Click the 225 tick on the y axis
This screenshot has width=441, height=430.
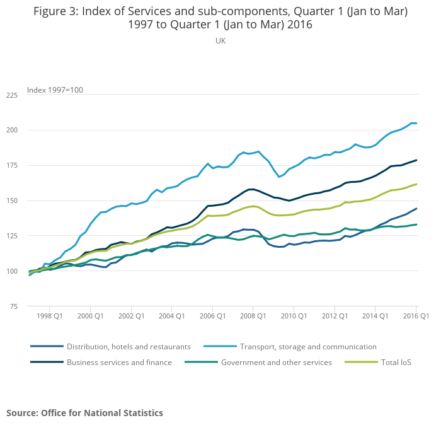12,95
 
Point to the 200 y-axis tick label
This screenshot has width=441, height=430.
12,131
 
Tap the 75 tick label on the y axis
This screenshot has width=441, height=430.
14,306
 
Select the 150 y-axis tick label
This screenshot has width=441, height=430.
12,200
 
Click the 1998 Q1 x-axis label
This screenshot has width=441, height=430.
49,315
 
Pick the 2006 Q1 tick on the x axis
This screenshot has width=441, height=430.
212,315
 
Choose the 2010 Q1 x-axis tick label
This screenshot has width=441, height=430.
294,315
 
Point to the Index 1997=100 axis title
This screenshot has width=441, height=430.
55,90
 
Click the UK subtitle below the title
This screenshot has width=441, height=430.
220,41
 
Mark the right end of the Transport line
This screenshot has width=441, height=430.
416,123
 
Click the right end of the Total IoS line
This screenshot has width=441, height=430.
416,184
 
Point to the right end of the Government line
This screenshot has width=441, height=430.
416,224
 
